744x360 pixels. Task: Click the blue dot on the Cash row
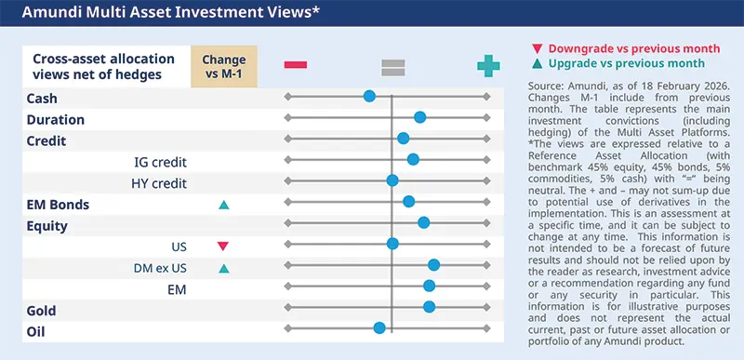click(x=369, y=96)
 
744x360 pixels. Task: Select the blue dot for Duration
click(x=420, y=117)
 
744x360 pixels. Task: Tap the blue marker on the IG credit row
click(x=413, y=159)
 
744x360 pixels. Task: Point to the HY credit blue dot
click(x=392, y=180)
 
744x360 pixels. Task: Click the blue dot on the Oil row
click(x=379, y=327)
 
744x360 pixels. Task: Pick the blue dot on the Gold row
click(x=429, y=306)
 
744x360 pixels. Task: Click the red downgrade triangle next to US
click(x=222, y=247)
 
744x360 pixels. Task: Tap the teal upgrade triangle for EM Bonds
click(x=223, y=205)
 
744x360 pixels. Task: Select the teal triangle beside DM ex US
click(x=223, y=270)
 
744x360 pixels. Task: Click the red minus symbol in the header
click(x=296, y=64)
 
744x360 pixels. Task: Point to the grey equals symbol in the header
click(x=392, y=65)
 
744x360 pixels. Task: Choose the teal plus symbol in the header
click(x=487, y=65)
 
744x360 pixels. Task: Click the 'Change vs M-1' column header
click(x=223, y=65)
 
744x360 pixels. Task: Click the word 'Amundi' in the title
click(x=46, y=13)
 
